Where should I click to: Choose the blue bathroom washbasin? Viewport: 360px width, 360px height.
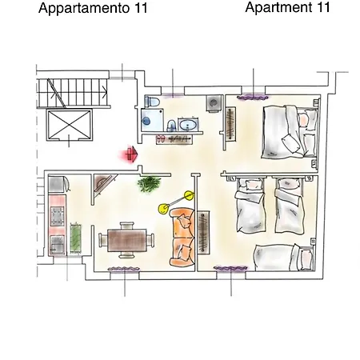(x=190, y=126)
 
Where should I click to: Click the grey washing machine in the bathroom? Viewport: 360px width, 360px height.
(x=214, y=105)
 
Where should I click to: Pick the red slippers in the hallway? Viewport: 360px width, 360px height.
(x=162, y=138)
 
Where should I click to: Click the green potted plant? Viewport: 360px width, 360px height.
(x=148, y=185)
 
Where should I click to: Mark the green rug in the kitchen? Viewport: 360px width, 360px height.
(x=77, y=238)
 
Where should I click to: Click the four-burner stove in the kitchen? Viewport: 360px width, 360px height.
(x=58, y=215)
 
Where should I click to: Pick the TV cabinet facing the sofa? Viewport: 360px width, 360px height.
(x=203, y=233)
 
